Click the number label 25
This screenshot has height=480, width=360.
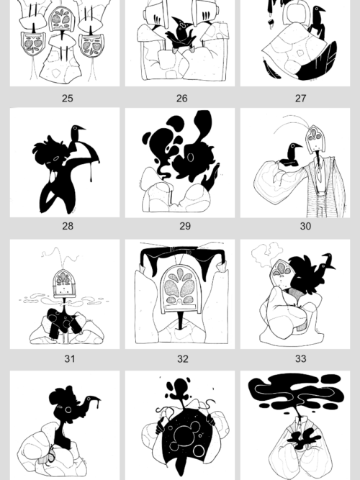(67, 99)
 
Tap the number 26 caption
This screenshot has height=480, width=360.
(181, 99)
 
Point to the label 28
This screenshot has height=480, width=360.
(67, 226)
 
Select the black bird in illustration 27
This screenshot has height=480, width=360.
(318, 20)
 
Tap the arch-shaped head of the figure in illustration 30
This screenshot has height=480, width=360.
(312, 137)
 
